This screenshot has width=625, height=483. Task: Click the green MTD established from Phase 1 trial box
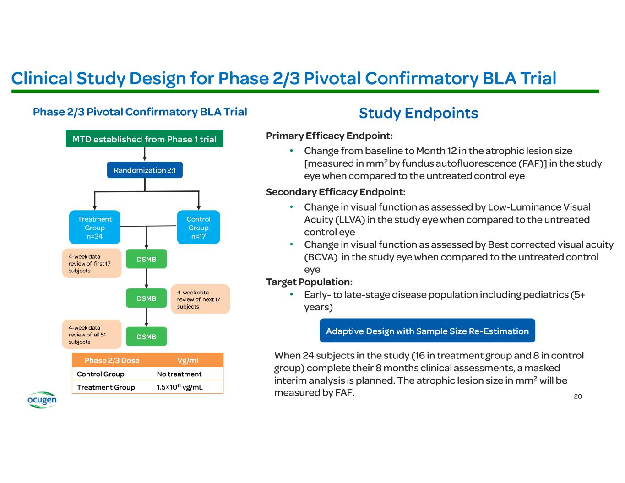[145, 139]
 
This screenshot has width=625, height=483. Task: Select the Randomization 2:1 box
[145, 170]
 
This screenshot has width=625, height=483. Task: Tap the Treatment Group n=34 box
[94, 228]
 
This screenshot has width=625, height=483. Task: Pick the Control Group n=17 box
[198, 228]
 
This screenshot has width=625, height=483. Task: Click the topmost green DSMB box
[147, 259]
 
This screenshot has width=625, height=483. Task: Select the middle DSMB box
[147, 298]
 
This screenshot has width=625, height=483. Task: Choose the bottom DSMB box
[147, 336]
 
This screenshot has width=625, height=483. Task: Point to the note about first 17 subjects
[92, 263]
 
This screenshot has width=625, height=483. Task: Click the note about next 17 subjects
[200, 299]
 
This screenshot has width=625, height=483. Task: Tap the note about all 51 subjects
[92, 335]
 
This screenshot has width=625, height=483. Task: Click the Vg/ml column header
[188, 360]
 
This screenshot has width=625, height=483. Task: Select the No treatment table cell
[179, 374]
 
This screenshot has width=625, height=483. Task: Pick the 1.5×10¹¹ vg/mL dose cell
[179, 387]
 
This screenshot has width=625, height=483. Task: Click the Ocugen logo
[42, 400]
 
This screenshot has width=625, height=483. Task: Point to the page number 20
[578, 396]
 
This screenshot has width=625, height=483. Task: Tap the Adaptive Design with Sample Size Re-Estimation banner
[427, 331]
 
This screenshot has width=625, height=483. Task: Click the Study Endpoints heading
[418, 113]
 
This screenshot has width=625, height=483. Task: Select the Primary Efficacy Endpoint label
[329, 136]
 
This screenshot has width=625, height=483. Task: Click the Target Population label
[309, 282]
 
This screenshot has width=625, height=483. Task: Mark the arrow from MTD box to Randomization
[145, 155]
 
